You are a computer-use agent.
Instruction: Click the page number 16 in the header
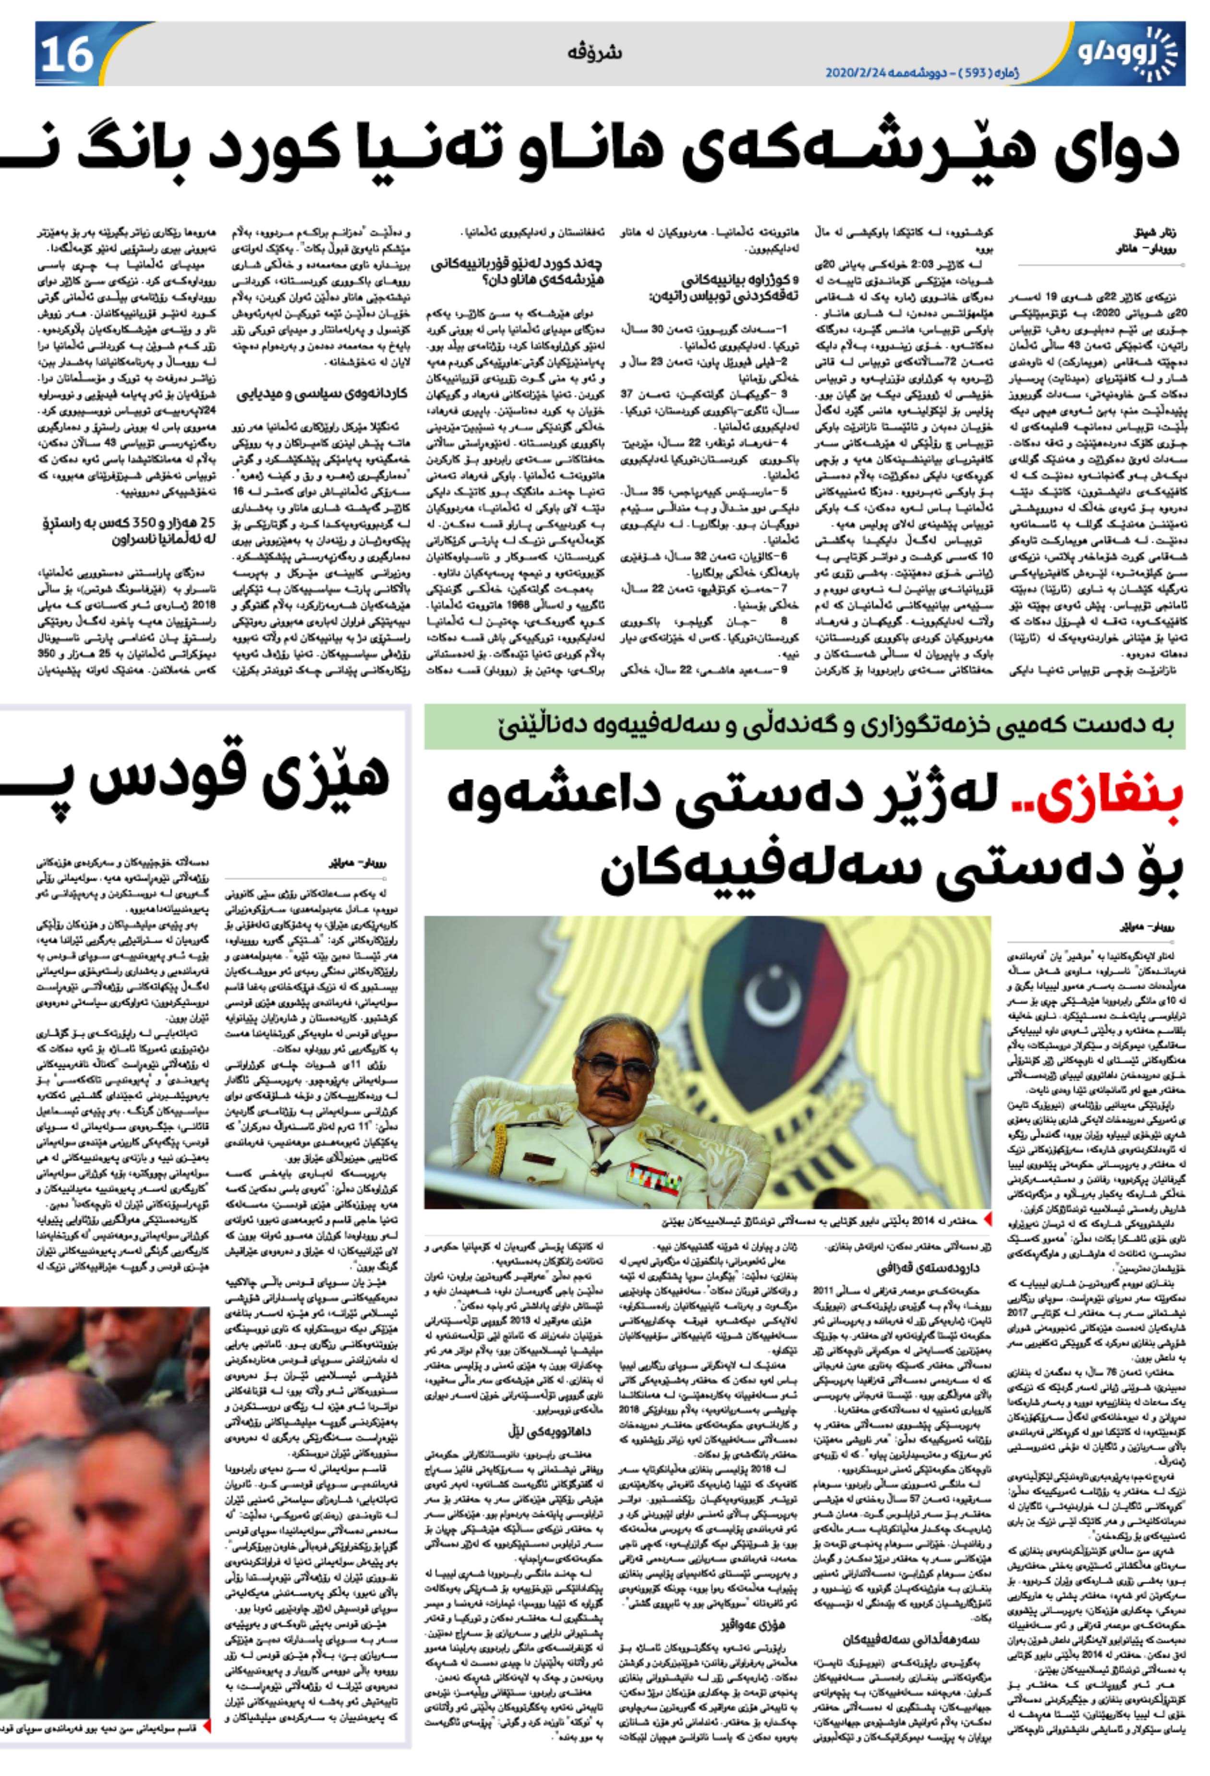67,53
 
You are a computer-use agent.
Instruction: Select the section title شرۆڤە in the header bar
595,53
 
